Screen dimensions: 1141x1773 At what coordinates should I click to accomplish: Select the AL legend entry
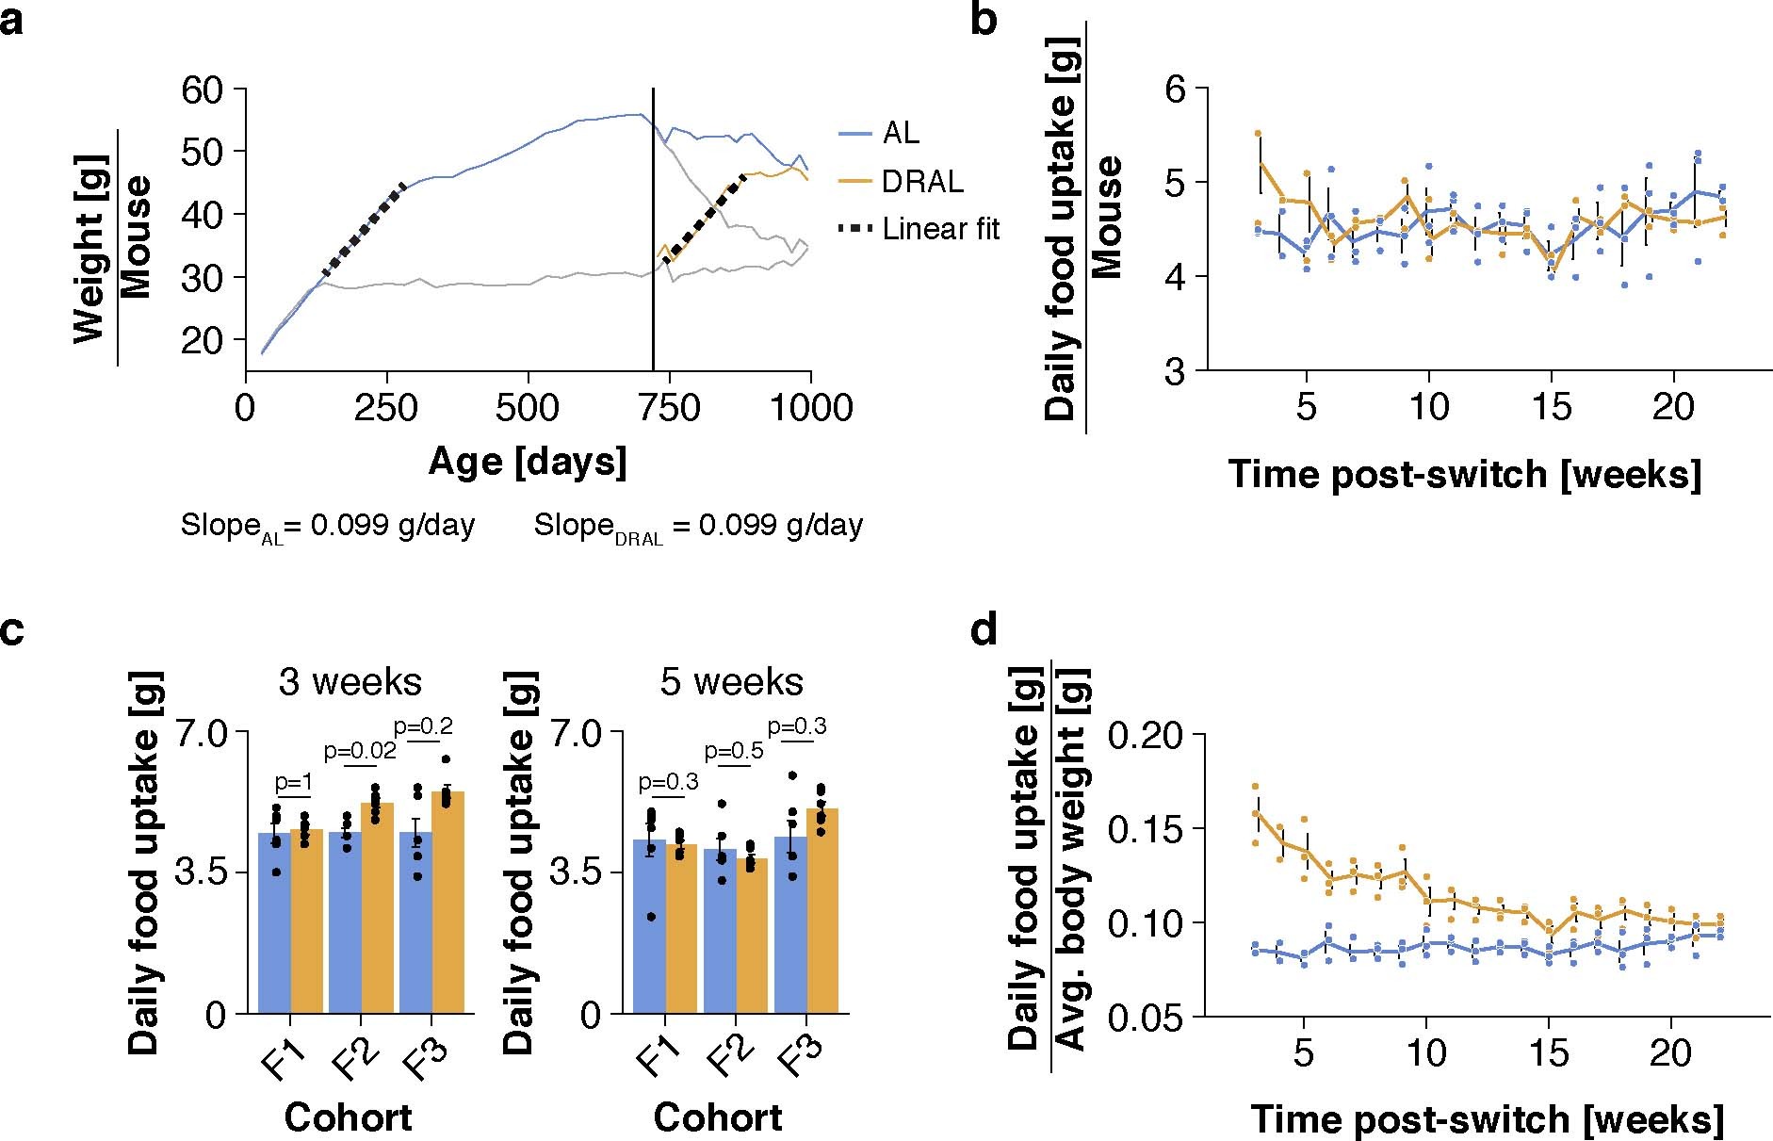coord(900,134)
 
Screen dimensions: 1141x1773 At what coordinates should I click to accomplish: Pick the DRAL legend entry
coord(921,181)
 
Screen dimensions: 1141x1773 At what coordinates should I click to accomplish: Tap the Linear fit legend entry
coord(939,229)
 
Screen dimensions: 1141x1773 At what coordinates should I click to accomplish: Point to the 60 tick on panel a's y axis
coord(202,90)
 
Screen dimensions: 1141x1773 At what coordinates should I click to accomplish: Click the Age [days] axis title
coord(528,462)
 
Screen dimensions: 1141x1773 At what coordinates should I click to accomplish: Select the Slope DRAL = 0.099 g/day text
coord(698,526)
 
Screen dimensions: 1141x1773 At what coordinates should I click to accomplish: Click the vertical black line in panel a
coord(653,236)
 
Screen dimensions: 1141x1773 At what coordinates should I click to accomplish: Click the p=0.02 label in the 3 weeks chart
coord(359,751)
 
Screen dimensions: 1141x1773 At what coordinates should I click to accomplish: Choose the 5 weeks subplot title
coord(731,681)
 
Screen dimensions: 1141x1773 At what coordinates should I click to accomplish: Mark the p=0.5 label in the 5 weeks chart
coord(733,751)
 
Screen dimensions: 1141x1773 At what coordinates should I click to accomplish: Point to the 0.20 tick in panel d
coord(1144,735)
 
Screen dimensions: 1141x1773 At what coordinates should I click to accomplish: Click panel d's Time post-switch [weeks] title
coord(1487,1119)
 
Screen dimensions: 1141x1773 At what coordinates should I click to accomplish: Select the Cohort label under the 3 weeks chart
coord(348,1117)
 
